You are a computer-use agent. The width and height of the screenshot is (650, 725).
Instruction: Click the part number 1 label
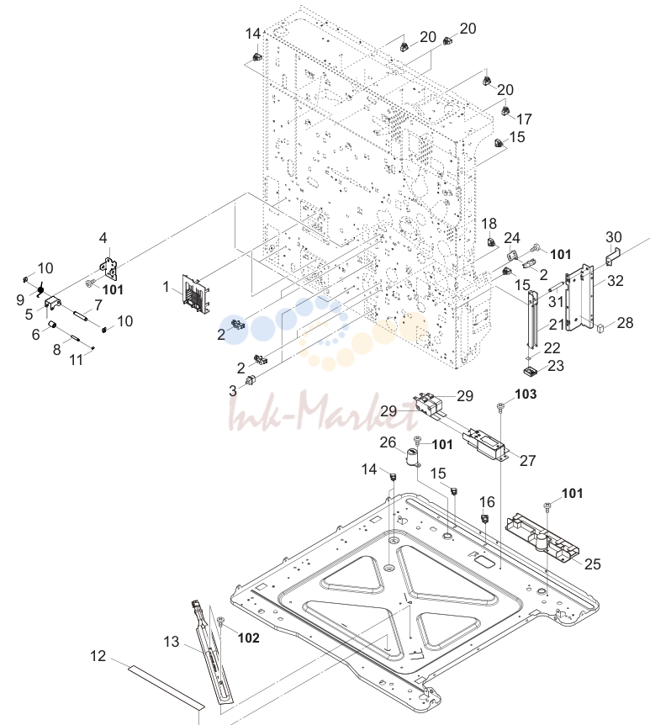(x=166, y=287)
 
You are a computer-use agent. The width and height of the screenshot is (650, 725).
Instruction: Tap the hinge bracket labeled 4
(x=109, y=269)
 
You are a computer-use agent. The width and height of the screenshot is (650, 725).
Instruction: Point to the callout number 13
(x=171, y=642)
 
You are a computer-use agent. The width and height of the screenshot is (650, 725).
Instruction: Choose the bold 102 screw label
(x=248, y=638)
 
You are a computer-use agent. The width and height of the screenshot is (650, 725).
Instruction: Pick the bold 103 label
(x=526, y=394)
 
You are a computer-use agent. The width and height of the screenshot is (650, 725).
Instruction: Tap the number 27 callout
(x=527, y=461)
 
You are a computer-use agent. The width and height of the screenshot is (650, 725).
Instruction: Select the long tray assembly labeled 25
(x=542, y=537)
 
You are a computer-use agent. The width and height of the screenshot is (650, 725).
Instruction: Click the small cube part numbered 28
(x=601, y=329)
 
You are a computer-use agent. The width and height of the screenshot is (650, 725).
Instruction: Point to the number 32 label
(x=616, y=281)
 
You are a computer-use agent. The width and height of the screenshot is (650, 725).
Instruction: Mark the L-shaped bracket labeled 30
(x=611, y=257)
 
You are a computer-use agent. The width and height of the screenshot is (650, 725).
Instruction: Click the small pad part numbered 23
(x=531, y=371)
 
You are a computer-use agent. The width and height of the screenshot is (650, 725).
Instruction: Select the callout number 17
(x=524, y=119)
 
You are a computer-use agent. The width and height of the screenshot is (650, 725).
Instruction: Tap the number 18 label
(x=489, y=224)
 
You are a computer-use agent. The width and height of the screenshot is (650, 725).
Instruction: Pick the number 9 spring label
(x=20, y=300)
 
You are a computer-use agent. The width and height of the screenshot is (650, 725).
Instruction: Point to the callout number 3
(x=233, y=391)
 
